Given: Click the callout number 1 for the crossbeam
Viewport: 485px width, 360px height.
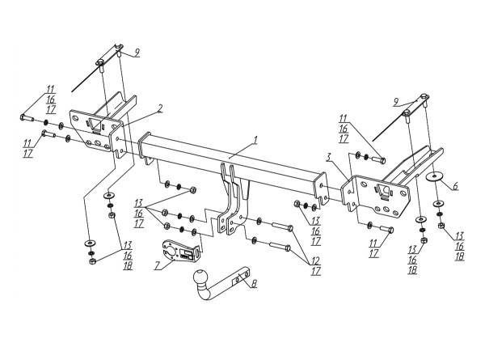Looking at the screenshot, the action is point(255,141).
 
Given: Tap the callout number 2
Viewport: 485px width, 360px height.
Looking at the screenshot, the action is point(160,108).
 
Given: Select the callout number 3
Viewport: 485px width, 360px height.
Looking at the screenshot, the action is point(329,157).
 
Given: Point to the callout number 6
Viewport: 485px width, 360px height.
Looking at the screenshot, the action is point(455,186).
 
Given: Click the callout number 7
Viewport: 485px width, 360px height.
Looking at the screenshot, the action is point(158,265).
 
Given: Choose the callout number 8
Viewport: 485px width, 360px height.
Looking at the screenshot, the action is point(254,284).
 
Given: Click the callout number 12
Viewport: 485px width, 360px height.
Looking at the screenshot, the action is point(315,260).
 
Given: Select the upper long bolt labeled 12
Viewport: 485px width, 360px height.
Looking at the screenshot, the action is point(283,230).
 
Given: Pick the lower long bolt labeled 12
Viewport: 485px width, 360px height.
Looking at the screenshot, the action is point(280,248).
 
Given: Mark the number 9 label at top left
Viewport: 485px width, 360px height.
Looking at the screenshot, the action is point(137,53).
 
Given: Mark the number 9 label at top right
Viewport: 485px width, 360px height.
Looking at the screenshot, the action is point(397,103).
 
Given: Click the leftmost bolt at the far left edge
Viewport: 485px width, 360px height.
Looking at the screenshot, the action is point(27,118).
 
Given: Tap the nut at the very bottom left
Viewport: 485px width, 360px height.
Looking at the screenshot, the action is point(92,261).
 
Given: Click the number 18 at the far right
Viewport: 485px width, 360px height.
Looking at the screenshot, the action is point(460,256).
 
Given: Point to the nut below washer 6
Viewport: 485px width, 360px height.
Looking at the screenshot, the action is point(441,227).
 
